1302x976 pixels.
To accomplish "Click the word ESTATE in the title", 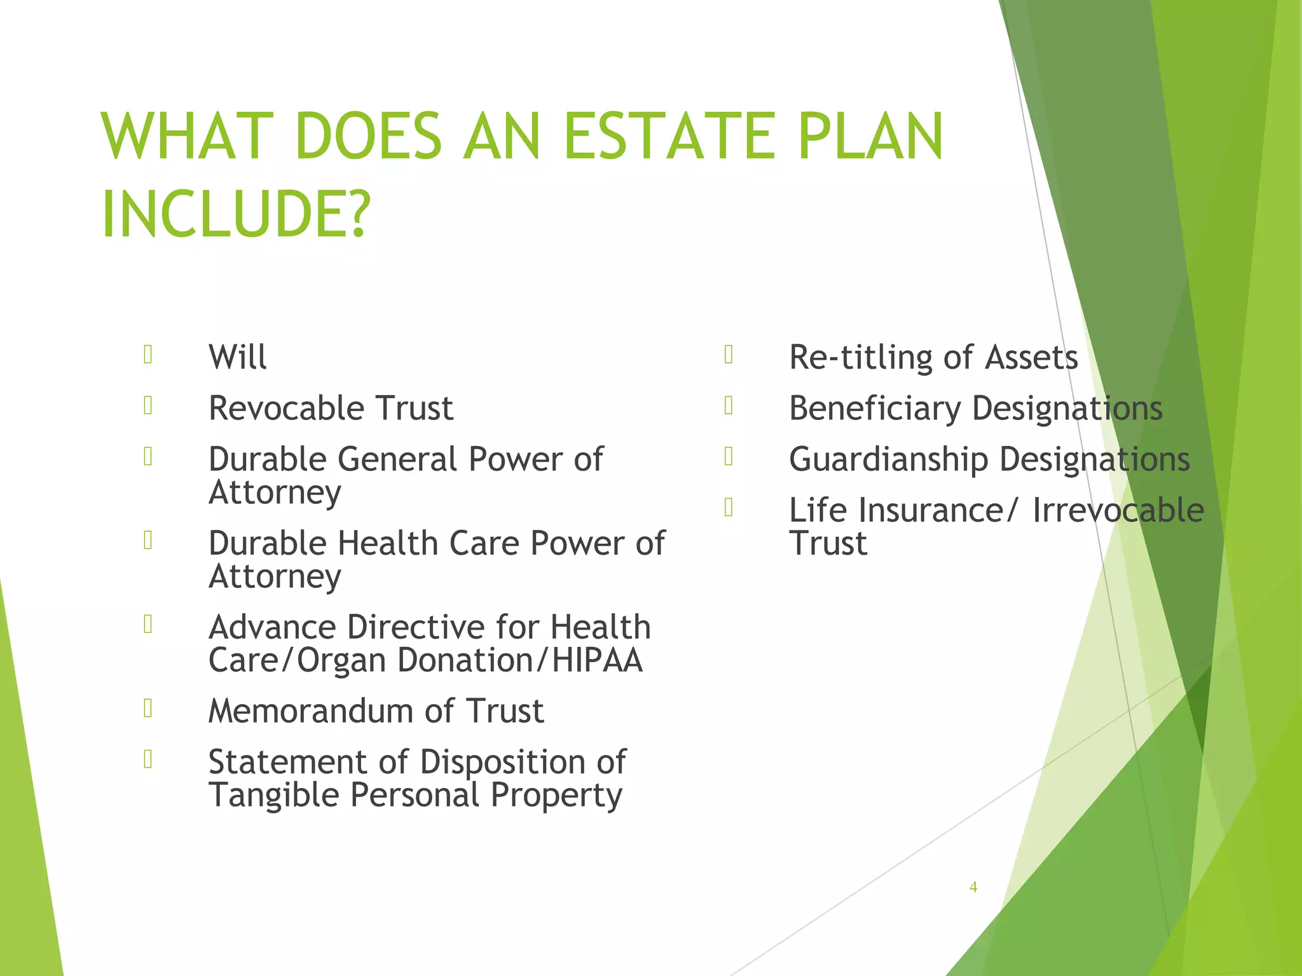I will coord(669,136).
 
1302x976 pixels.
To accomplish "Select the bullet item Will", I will coord(237,357).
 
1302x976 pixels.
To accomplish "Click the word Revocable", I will coord(285,408).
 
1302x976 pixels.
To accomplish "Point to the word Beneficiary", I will coord(875,409).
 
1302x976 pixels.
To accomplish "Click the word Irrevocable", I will coord(1118,511).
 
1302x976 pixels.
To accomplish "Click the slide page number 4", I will coord(973,887).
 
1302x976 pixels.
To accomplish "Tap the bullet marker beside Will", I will coord(147,354).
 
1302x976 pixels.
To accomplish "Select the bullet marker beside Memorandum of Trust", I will coord(147,708).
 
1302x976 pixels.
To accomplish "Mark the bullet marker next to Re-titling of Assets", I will coord(729,354).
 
